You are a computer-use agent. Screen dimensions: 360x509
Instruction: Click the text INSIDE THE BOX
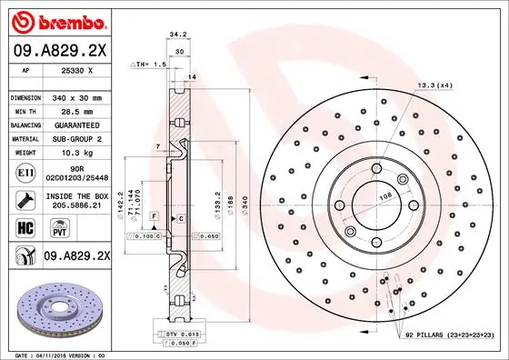pyautogui.click(x=77, y=197)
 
